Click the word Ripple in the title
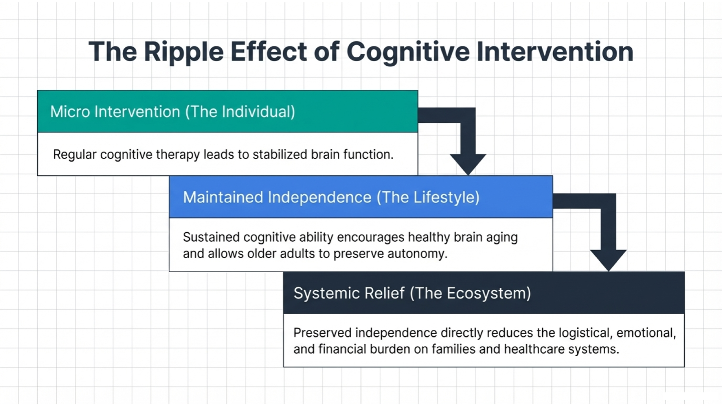coord(183,52)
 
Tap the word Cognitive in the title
coord(408,52)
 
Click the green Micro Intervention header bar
coord(228,111)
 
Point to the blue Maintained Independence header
coord(361,197)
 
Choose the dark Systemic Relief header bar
coord(483,293)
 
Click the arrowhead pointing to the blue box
coord(468,163)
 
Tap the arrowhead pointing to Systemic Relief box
coord(608,259)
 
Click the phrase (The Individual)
coord(240,112)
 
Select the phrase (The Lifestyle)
coord(428,197)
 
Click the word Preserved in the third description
coord(322,333)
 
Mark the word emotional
coord(646,333)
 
